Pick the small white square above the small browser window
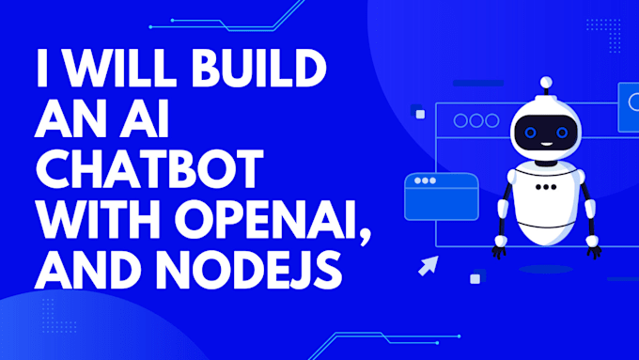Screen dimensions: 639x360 [x=420, y=114]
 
